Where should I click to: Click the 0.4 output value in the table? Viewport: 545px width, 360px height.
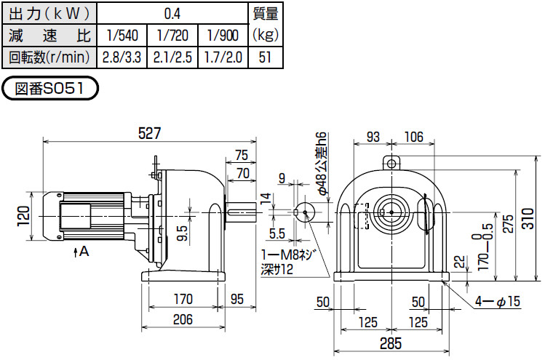(x=172, y=13)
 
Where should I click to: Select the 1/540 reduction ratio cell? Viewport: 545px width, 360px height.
(x=121, y=35)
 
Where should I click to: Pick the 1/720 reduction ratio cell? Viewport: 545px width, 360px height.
(x=172, y=35)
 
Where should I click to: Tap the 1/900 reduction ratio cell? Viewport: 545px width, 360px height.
(x=223, y=35)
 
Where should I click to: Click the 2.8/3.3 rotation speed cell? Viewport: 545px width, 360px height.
(x=121, y=57)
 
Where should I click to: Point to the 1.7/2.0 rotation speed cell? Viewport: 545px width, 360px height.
(x=223, y=57)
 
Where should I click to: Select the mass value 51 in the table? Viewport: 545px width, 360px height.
(x=265, y=57)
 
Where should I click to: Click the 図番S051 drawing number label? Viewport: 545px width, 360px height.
(x=51, y=89)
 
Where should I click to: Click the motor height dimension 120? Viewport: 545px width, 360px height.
(x=24, y=215)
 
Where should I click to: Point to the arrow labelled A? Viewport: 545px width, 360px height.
(x=81, y=252)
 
